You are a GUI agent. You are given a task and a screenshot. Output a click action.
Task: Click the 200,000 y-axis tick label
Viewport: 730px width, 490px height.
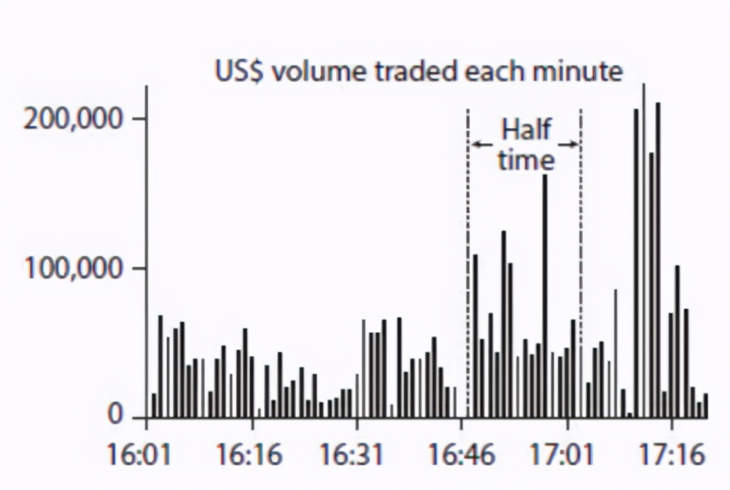73,119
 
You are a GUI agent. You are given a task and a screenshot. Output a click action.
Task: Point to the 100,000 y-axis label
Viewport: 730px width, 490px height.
73,269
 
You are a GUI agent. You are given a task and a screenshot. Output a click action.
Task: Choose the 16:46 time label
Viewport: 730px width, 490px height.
461,455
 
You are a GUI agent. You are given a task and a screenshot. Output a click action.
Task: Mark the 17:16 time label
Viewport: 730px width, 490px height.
671,455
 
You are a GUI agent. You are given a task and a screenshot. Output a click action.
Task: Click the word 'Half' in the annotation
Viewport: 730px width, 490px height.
526,130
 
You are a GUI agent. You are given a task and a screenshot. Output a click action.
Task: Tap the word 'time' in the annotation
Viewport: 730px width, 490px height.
526,160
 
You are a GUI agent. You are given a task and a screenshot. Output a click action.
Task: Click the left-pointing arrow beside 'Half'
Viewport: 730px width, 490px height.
483,144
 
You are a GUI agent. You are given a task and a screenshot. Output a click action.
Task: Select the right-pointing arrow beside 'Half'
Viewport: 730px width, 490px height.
568,144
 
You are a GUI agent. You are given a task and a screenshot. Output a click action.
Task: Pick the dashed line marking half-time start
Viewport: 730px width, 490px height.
468,263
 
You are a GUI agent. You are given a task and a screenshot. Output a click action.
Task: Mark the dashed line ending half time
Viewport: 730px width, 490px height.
580,263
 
